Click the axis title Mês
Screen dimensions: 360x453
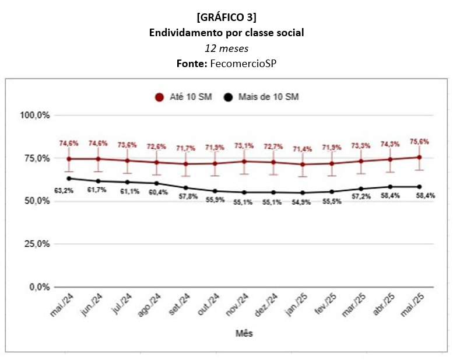[244, 333]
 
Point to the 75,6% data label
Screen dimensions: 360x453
[419, 142]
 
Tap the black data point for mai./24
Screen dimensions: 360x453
[69, 179]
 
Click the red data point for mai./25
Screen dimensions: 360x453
[419, 157]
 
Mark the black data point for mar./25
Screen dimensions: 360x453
[361, 189]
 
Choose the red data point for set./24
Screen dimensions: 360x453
[185, 164]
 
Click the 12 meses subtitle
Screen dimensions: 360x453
[226, 48]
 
